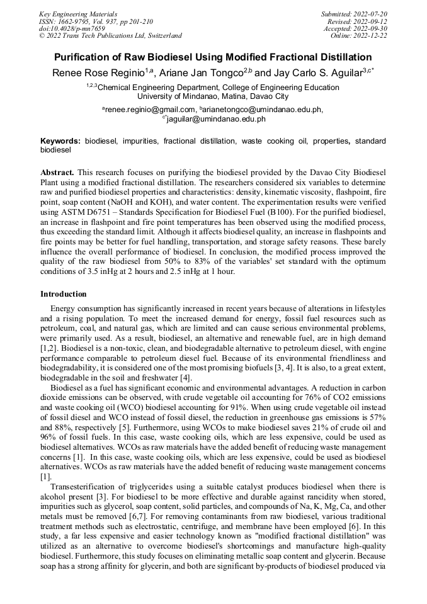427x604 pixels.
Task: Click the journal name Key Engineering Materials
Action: point(78,13)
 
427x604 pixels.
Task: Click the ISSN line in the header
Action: point(95,21)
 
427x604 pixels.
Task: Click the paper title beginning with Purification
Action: point(214,57)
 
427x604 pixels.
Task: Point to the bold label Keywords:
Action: point(61,142)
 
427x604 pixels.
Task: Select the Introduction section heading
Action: point(64,294)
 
